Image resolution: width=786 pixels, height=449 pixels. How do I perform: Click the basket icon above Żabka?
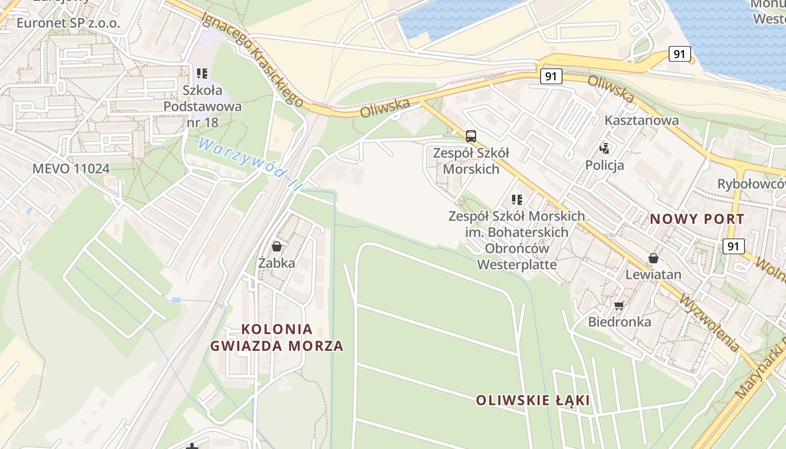coord(277,246)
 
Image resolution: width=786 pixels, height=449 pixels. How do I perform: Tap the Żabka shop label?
coord(277,263)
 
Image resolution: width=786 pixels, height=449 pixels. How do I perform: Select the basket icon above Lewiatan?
coord(654,258)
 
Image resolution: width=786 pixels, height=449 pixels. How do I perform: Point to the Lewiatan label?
coord(654,274)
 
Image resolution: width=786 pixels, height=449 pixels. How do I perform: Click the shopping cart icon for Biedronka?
coord(619,306)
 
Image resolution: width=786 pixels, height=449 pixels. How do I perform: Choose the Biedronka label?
coord(620,322)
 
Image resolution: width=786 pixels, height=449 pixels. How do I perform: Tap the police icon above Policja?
coord(605,149)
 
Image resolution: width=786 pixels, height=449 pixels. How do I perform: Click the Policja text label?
coord(605,165)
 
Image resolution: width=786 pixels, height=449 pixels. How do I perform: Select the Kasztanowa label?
coord(641,120)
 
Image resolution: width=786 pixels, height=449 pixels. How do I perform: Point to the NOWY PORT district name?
coord(697,219)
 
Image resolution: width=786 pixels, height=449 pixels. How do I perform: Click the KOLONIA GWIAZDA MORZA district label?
coord(277,337)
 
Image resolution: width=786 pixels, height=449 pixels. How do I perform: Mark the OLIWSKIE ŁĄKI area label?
coord(533,400)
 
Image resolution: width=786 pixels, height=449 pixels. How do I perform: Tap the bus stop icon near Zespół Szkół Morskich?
coord(471,136)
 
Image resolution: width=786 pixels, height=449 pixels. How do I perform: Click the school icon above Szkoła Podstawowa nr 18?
coord(202,74)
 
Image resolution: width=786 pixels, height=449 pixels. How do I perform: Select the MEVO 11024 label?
coord(71,168)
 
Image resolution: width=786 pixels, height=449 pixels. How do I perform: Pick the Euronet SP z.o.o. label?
coord(68,23)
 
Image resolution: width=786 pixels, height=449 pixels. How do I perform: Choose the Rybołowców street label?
coord(751,184)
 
